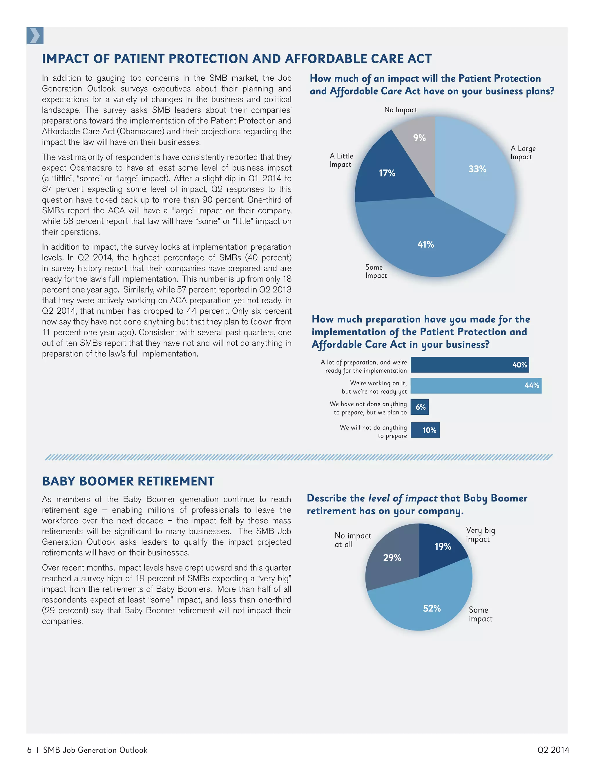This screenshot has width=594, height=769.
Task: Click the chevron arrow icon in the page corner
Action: [x=35, y=36]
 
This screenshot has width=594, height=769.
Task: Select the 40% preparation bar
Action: [x=470, y=365]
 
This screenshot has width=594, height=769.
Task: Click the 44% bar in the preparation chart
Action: [x=476, y=386]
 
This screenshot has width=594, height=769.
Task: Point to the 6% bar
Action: [x=420, y=407]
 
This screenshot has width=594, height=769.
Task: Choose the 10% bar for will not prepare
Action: [x=425, y=430]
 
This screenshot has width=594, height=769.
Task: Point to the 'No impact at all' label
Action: [x=353, y=540]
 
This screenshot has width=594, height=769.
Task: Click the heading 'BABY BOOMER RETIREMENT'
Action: [x=128, y=481]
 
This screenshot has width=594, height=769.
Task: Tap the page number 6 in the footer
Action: [x=29, y=750]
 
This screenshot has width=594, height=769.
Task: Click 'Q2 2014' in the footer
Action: [x=553, y=750]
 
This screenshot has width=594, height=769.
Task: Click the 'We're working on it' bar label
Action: [x=374, y=387]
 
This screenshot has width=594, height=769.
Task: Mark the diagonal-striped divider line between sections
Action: [x=298, y=457]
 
